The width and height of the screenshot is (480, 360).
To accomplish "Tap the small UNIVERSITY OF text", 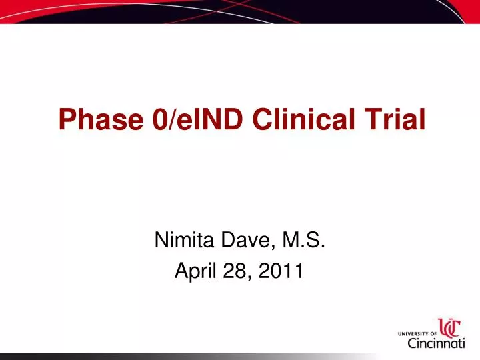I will [416, 332].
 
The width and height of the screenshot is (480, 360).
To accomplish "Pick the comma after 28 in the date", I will [249, 277].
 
